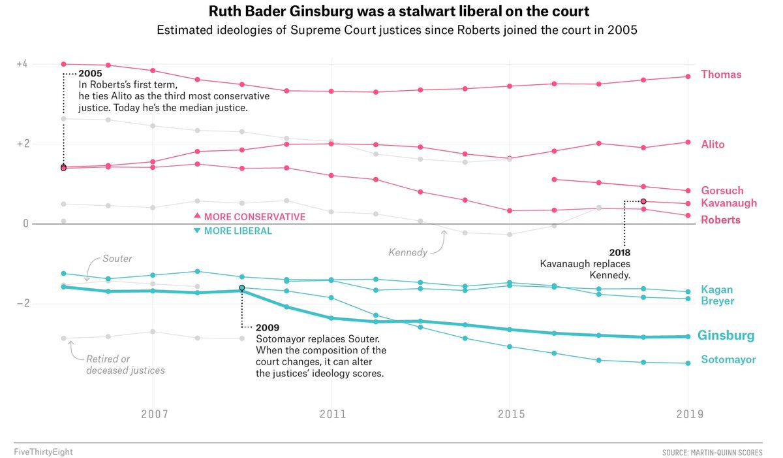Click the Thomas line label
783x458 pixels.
click(x=721, y=74)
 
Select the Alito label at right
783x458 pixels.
click(x=713, y=144)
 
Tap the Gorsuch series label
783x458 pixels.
click(x=722, y=190)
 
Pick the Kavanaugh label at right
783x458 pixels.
click(x=729, y=203)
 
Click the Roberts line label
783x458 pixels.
click(x=721, y=220)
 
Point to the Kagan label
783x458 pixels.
click(x=717, y=289)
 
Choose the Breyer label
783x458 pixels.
click(x=718, y=301)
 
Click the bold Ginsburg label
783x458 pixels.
click(x=726, y=336)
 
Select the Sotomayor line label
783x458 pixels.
click(x=728, y=359)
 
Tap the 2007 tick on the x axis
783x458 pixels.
click(x=155, y=414)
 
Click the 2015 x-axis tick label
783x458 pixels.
click(x=512, y=414)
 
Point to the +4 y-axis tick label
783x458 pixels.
click(x=22, y=64)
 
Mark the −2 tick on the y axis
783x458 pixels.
click(x=23, y=303)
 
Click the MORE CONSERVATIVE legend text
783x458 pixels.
click(x=254, y=217)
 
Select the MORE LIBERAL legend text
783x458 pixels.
click(x=238, y=231)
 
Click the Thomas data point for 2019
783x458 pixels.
click(x=688, y=76)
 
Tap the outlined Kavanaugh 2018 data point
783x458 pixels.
click(x=643, y=201)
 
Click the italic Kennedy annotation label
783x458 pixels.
click(x=408, y=252)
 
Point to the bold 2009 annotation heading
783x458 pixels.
click(x=268, y=328)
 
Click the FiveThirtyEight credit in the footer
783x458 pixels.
click(x=43, y=452)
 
